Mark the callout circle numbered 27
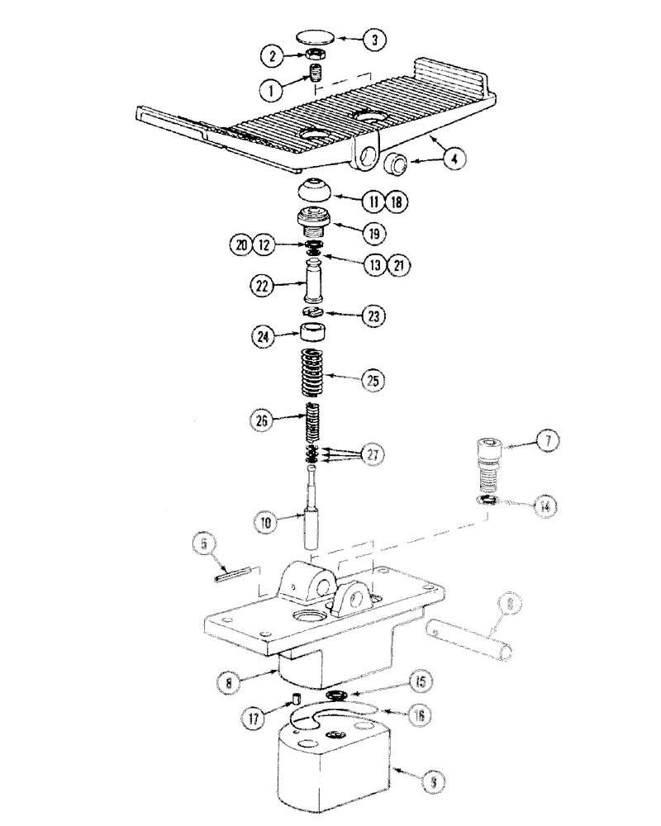click(x=373, y=453)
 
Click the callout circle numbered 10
click(x=266, y=521)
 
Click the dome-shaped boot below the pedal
click(x=316, y=189)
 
